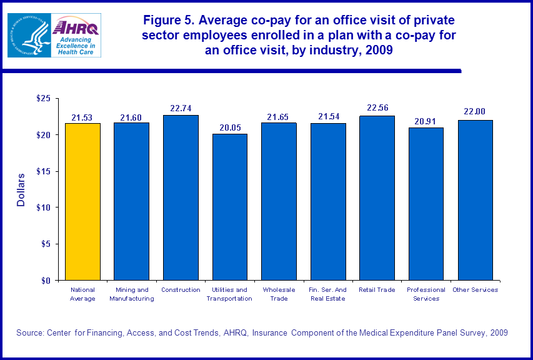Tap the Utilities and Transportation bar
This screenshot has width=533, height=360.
[229, 207]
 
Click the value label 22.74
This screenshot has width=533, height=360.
[181, 108]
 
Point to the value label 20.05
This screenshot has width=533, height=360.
[229, 127]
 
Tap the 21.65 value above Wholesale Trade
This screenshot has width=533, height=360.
[279, 116]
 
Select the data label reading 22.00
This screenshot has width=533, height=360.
[475, 111]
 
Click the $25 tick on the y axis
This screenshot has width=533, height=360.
[43, 99]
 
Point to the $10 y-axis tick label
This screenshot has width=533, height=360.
[43, 207]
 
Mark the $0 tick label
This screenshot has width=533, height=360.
[46, 280]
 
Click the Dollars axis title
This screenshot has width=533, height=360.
[21, 189]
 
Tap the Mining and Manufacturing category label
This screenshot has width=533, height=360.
[131, 294]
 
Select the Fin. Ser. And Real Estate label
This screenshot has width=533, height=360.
[328, 294]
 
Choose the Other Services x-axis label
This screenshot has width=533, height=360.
[475, 290]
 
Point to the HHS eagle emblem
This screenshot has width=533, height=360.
[28, 35]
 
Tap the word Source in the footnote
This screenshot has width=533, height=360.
[30, 333]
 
